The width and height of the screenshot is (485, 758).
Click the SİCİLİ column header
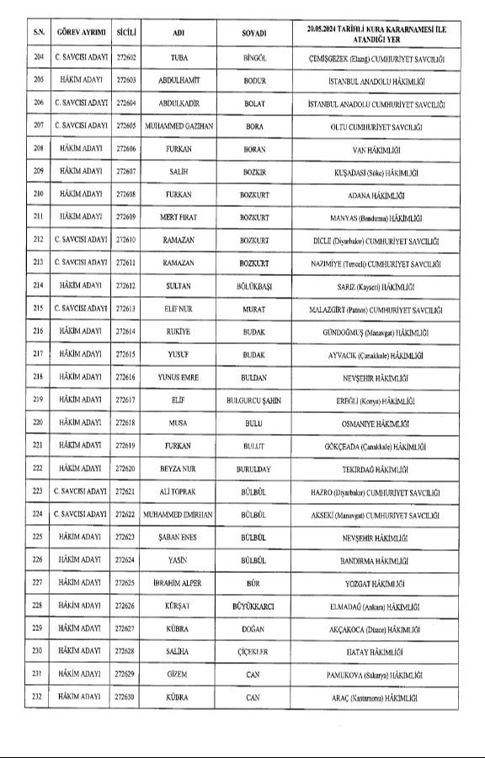[127, 33]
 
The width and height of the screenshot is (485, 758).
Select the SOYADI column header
[253, 33]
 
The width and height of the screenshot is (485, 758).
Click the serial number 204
[38, 58]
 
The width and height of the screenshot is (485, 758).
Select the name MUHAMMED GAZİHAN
[179, 126]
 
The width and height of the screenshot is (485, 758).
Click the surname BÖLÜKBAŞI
[253, 286]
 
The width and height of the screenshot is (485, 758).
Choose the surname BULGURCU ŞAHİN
[253, 400]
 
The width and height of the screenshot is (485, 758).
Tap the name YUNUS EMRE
[179, 377]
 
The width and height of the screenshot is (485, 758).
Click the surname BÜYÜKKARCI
[253, 605]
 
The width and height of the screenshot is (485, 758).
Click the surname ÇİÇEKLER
[253, 650]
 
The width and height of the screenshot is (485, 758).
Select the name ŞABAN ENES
[179, 536]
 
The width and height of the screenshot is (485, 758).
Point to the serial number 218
[38, 377]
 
